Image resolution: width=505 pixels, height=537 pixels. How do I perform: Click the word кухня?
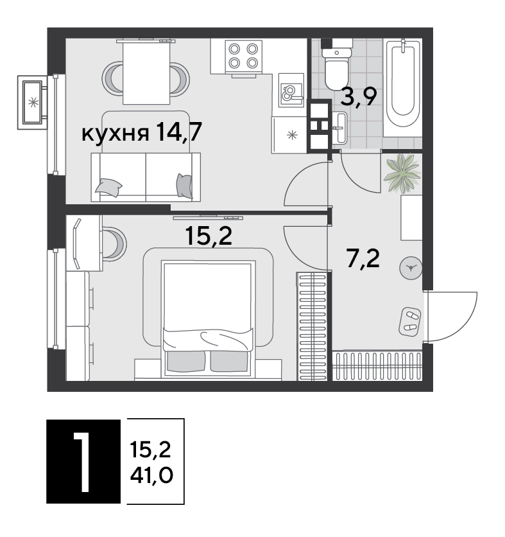(116, 134)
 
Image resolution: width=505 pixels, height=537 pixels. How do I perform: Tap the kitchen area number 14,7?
(178, 132)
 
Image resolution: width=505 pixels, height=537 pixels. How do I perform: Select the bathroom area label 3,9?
(359, 97)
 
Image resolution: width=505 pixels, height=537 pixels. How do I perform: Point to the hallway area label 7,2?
(363, 259)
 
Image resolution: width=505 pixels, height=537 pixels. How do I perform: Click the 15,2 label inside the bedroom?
(209, 236)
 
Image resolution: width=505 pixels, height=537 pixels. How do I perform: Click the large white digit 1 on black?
(81, 461)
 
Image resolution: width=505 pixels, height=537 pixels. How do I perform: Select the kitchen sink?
(291, 90)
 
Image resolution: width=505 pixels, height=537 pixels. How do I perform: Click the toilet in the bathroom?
(337, 67)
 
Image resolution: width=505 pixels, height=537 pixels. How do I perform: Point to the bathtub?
(402, 88)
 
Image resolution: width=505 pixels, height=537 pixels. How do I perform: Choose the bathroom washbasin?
(339, 128)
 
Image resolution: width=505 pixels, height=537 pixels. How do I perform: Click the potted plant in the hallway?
(402, 173)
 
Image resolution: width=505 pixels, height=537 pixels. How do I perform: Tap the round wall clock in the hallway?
(411, 268)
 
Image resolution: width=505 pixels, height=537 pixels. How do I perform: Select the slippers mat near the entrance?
(410, 321)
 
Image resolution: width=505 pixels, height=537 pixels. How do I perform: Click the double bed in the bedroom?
(209, 318)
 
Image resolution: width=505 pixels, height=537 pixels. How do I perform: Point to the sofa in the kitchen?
(146, 177)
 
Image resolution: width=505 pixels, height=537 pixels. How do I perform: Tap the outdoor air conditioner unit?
(32, 102)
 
